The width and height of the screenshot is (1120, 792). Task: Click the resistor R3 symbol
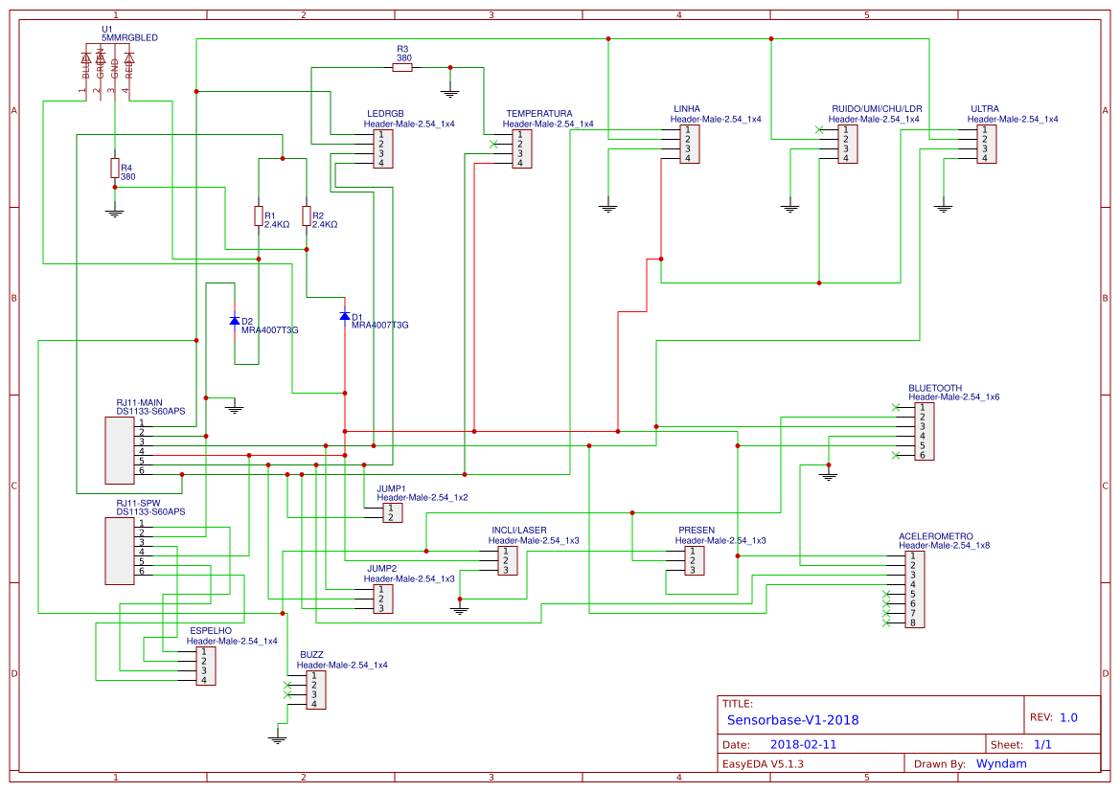tap(402, 67)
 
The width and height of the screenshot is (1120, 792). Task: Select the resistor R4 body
tap(115, 169)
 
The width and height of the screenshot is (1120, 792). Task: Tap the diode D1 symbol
tap(345, 316)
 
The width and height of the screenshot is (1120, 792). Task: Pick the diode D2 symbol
tap(235, 321)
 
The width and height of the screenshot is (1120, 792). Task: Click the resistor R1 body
tap(258, 215)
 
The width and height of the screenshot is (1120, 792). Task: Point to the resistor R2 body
tap(307, 215)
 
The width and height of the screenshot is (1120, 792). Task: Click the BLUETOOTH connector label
tap(935, 389)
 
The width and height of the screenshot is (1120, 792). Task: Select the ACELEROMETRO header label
tap(935, 536)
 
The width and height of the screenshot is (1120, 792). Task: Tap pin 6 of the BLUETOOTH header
tap(923, 455)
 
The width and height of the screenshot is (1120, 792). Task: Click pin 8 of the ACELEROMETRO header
tap(913, 622)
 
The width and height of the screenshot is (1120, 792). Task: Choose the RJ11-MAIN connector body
tap(120, 450)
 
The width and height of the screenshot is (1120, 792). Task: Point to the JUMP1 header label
tap(391, 488)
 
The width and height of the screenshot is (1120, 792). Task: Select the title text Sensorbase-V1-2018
tap(792, 720)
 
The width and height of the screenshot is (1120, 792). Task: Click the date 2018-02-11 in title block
tap(803, 744)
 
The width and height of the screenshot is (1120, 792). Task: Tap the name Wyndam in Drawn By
tap(1001, 763)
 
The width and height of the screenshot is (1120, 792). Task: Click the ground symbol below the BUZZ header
tap(278, 737)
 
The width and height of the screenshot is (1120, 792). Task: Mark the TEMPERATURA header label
tap(538, 113)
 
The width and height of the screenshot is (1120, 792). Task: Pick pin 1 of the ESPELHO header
tap(204, 651)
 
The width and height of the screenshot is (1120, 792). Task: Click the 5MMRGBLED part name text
tap(129, 37)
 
